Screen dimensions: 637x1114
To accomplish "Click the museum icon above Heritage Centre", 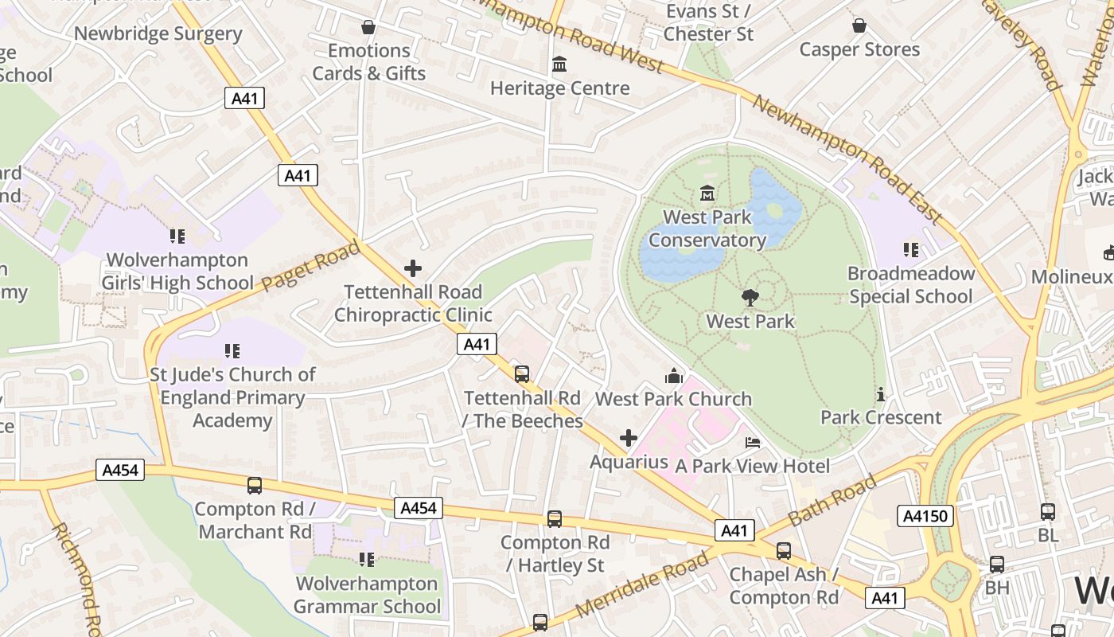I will click(x=559, y=64).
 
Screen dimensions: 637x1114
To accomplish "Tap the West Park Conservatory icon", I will click(x=707, y=193).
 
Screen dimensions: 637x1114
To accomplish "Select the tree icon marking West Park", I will click(x=750, y=298).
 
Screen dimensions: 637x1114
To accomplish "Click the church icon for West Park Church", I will click(x=674, y=375).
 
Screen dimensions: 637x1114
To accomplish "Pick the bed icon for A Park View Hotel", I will click(x=753, y=442).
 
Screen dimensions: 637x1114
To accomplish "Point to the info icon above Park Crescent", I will click(x=880, y=394).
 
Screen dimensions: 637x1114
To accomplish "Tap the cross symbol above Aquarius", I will click(x=629, y=438).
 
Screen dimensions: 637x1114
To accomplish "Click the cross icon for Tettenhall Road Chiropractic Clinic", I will click(x=413, y=268).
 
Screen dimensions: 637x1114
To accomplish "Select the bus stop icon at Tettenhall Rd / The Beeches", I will click(x=522, y=373).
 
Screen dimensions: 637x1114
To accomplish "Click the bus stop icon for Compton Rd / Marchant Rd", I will click(x=255, y=485).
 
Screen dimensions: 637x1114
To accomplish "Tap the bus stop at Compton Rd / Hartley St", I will click(x=555, y=518).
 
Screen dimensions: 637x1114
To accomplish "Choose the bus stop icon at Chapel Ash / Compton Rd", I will click(x=784, y=550).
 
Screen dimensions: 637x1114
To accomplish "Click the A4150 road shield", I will click(x=925, y=516).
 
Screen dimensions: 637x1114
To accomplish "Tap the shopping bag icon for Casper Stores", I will click(x=859, y=25).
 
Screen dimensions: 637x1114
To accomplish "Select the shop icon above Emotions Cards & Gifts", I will click(x=368, y=27).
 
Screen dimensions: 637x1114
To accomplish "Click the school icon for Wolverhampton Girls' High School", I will click(x=177, y=236).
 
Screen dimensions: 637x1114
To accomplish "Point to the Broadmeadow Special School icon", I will click(x=911, y=250).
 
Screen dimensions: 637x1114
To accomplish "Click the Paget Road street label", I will click(x=311, y=267).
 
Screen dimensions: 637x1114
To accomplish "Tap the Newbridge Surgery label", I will click(x=158, y=33).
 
